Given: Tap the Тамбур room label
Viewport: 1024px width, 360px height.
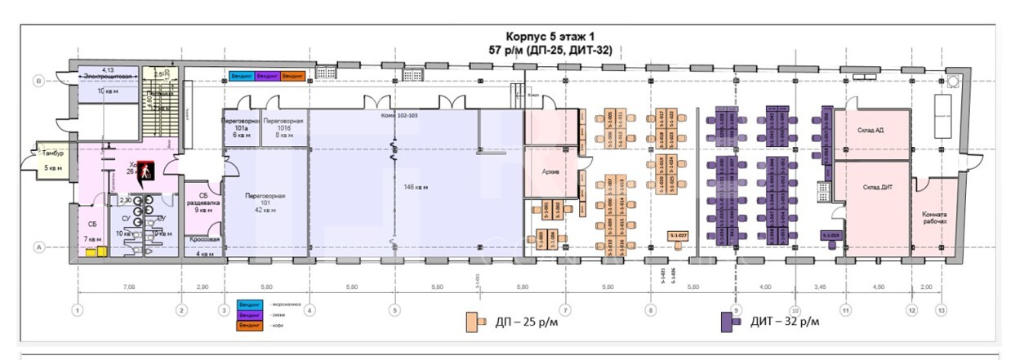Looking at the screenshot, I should (x=53, y=153).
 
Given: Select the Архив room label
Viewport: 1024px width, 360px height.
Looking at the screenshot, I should (x=549, y=173).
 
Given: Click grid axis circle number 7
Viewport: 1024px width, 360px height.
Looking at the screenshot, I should (x=564, y=310).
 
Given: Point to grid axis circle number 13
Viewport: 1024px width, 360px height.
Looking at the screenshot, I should (x=942, y=310).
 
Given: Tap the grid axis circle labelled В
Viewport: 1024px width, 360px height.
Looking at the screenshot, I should (x=38, y=80).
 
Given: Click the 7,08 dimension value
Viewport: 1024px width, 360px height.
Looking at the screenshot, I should (x=129, y=288).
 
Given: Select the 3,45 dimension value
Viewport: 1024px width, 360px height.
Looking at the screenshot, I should (x=821, y=288).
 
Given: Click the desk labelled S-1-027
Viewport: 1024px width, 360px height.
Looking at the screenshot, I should (x=679, y=236).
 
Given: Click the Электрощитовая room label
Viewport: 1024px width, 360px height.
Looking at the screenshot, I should (x=104, y=76).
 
